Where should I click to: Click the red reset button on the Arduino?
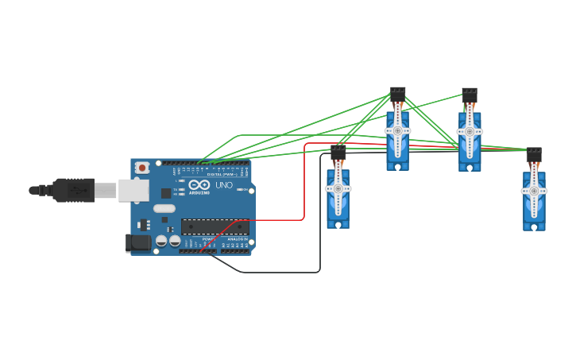(142, 168)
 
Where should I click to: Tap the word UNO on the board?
(224, 185)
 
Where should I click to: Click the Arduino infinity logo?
(199, 185)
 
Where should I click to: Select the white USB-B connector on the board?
(133, 190)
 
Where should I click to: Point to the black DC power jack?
(138, 243)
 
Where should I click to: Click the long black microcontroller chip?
(215, 226)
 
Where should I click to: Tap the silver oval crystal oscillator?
(164, 208)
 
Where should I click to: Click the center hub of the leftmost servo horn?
(338, 188)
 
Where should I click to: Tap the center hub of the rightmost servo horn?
(534, 191)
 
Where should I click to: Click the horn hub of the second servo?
(398, 130)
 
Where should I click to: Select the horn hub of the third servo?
(470, 131)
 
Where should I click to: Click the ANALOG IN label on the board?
(237, 238)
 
